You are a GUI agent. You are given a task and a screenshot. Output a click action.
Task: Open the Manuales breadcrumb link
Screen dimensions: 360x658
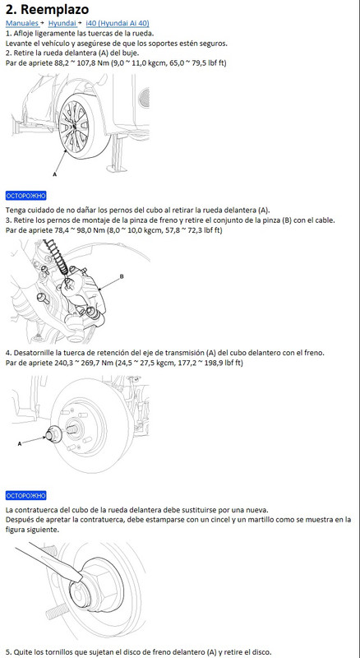click(22, 23)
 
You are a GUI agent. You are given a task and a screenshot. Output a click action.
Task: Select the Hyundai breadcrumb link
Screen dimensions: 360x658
click(62, 23)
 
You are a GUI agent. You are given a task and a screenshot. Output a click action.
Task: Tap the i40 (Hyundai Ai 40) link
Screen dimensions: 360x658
click(117, 23)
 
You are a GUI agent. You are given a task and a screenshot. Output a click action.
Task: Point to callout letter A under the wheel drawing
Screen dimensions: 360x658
click(54, 174)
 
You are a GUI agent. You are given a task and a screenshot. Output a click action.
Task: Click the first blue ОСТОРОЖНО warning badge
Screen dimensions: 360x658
click(26, 196)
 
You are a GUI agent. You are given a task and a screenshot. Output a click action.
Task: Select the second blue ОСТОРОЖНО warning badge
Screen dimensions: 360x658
click(26, 496)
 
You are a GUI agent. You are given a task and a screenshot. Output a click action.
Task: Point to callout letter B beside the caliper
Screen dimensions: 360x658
click(122, 276)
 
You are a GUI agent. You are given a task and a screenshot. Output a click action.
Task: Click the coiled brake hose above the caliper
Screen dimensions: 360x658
click(57, 257)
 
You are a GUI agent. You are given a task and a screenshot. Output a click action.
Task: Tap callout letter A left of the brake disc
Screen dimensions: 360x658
click(20, 443)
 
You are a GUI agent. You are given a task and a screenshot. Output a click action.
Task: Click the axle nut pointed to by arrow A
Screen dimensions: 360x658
click(53, 433)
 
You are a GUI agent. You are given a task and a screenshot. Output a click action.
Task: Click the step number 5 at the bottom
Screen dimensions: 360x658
click(7, 651)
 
